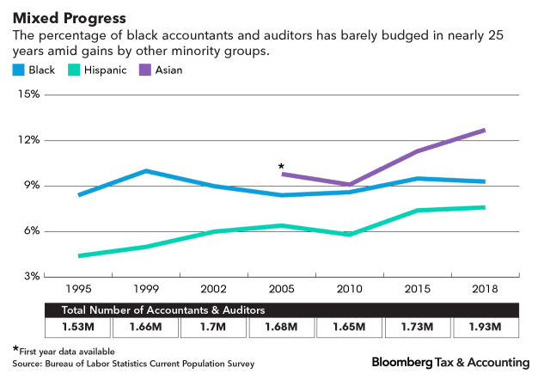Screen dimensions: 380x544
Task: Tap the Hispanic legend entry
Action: [91, 69]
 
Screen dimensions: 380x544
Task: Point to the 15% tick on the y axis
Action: [28, 95]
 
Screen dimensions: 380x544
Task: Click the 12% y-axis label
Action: [28, 140]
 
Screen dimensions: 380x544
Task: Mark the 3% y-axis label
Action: [30, 277]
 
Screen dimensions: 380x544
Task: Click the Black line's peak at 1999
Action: [147, 171]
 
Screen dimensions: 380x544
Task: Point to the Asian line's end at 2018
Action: [485, 130]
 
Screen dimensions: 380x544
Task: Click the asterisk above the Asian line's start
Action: [281, 167]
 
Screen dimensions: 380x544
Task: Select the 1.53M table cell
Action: [79, 328]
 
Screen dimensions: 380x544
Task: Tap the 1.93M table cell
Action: [486, 328]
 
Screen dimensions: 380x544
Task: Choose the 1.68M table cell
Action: [282, 328]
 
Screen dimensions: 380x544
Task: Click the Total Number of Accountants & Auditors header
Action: [162, 309]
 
